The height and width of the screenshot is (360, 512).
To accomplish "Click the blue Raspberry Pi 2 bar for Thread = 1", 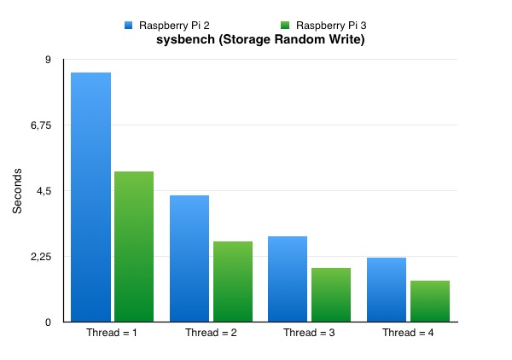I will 90,197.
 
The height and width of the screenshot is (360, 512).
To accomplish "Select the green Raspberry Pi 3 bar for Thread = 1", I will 133,247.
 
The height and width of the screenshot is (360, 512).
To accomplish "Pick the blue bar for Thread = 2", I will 189,258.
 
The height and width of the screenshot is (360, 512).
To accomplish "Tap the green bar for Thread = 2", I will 232,282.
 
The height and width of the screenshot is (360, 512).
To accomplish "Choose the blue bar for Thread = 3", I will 288,279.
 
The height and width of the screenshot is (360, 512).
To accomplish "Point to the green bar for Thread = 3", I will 330,294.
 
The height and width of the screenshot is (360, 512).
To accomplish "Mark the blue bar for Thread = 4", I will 387,289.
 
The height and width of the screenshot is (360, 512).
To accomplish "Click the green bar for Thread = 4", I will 429,301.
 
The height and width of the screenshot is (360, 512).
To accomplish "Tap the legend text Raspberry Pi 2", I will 175,26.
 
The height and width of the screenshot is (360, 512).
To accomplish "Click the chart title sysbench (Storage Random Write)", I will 259,39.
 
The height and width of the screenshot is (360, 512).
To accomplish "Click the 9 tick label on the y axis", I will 48,59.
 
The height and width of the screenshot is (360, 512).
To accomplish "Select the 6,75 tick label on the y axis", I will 40,125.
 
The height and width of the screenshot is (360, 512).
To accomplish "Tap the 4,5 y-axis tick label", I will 44,190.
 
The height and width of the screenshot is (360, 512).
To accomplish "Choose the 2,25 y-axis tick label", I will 40,256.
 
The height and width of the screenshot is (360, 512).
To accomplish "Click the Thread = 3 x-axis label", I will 309,332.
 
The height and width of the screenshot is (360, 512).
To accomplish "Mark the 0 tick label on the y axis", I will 48,322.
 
